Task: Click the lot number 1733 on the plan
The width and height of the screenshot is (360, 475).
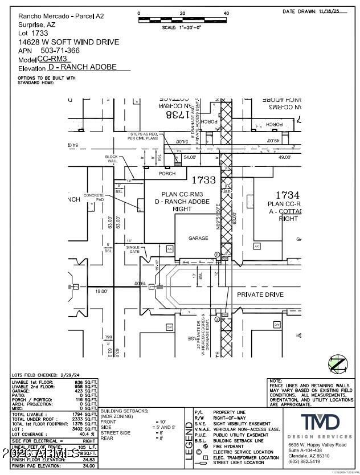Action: point(203,181)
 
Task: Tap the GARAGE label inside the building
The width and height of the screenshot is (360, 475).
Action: point(198,238)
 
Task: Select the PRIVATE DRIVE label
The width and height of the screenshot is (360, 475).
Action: point(260,294)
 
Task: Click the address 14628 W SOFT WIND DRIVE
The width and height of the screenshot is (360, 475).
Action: point(69,42)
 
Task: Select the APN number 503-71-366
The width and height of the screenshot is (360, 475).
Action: point(64,51)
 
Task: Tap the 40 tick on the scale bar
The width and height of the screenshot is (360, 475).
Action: point(226,13)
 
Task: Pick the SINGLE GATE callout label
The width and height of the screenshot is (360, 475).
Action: point(133,248)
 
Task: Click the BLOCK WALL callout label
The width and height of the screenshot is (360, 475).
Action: point(111,159)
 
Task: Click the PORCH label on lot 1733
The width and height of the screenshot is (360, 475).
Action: point(167,174)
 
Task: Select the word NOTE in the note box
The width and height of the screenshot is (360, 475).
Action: point(276,380)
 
